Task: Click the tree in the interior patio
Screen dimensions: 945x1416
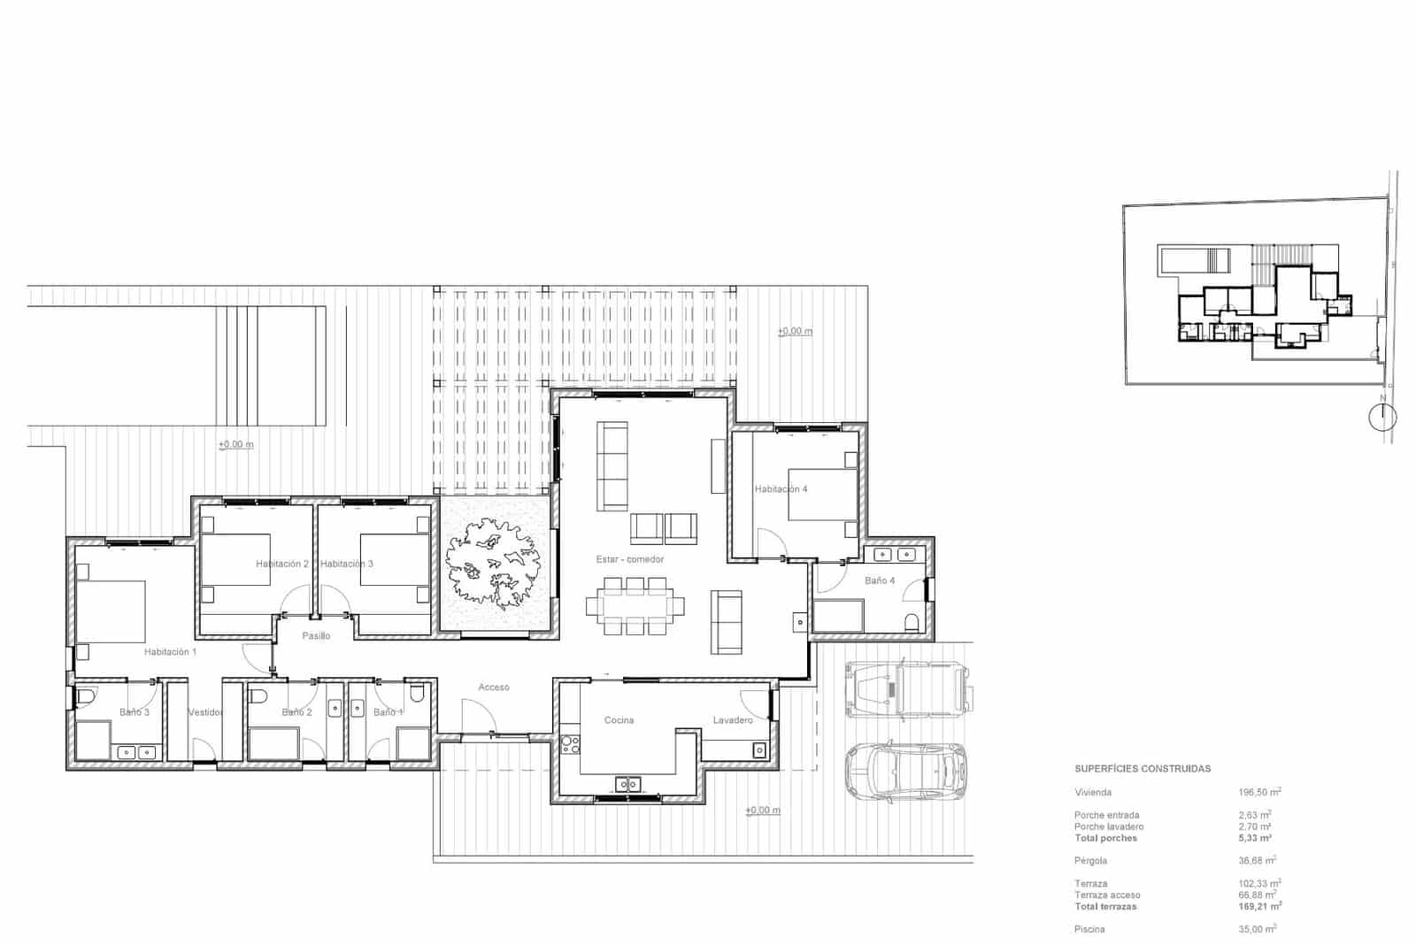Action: pyautogui.click(x=493, y=565)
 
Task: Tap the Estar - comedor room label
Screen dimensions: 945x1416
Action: pyautogui.click(x=629, y=559)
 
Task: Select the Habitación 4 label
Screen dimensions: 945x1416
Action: pyautogui.click(x=781, y=489)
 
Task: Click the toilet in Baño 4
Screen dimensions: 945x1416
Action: pyautogui.click(x=912, y=620)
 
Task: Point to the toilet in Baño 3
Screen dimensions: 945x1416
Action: pyautogui.click(x=85, y=699)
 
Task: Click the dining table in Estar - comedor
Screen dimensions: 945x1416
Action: pyautogui.click(x=635, y=606)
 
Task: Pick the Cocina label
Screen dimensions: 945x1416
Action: pyautogui.click(x=619, y=720)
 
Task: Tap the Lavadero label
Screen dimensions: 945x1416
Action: pyautogui.click(x=733, y=720)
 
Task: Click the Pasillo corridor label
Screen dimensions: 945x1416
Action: pyautogui.click(x=316, y=636)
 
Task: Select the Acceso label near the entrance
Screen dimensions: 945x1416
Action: pyautogui.click(x=494, y=688)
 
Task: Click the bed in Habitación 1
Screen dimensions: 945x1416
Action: pyautogui.click(x=111, y=611)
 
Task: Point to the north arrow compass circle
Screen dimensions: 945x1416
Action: pyautogui.click(x=1381, y=417)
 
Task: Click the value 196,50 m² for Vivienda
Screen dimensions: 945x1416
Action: pyautogui.click(x=1259, y=793)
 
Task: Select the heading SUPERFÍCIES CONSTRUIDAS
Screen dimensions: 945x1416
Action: pyautogui.click(x=1142, y=769)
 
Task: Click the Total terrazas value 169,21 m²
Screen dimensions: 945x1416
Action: pyautogui.click(x=1259, y=907)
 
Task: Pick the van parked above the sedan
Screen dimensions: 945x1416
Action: pyautogui.click(x=909, y=687)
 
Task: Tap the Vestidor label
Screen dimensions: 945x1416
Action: pyautogui.click(x=205, y=712)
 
